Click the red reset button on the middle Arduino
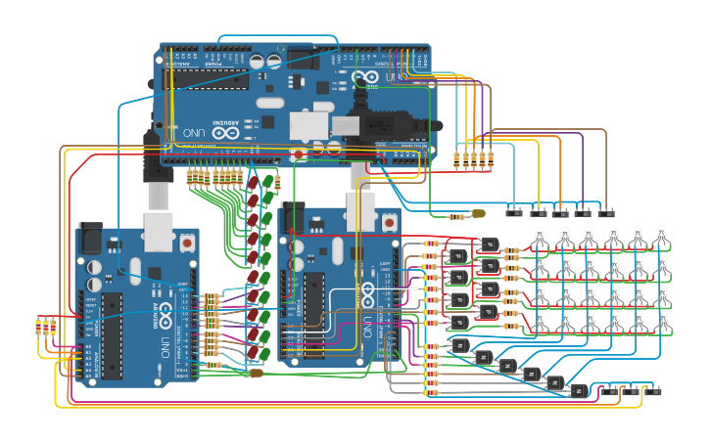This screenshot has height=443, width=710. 390,222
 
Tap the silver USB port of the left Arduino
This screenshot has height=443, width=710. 159,232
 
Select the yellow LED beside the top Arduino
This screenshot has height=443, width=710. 478,213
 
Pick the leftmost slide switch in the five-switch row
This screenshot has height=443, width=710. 514,210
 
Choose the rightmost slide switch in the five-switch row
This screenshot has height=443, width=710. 606,210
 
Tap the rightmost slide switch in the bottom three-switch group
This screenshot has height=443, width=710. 653,389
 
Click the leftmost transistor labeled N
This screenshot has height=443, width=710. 458,345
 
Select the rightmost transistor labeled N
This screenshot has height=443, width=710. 579,390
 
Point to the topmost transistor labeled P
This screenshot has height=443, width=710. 490,244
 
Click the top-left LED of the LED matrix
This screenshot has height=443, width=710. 540,236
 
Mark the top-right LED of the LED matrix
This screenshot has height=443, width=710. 662,236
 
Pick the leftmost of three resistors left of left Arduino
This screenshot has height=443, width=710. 39,327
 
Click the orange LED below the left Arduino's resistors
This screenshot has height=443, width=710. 257,373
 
